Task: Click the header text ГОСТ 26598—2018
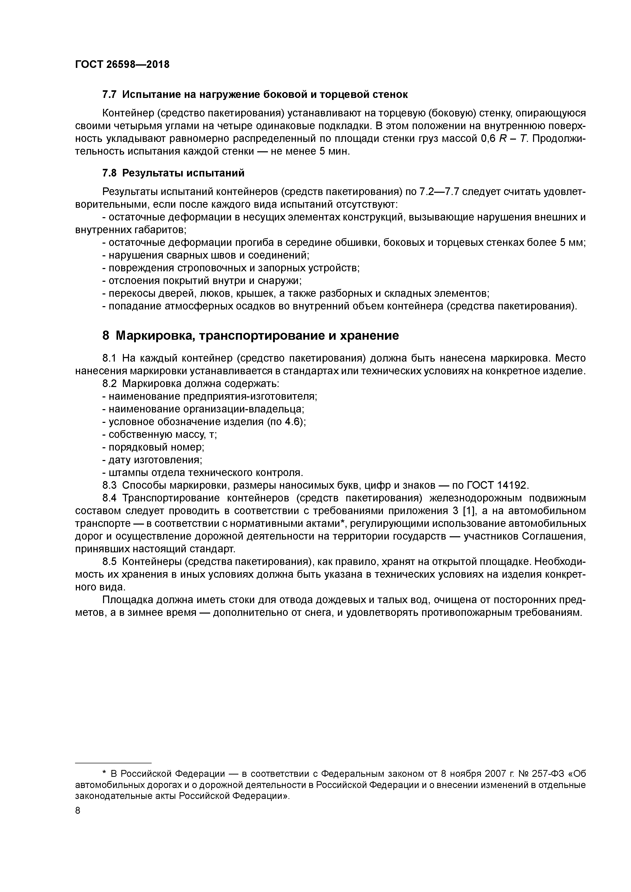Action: click(122, 65)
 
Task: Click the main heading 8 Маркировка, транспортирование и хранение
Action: click(250, 335)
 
